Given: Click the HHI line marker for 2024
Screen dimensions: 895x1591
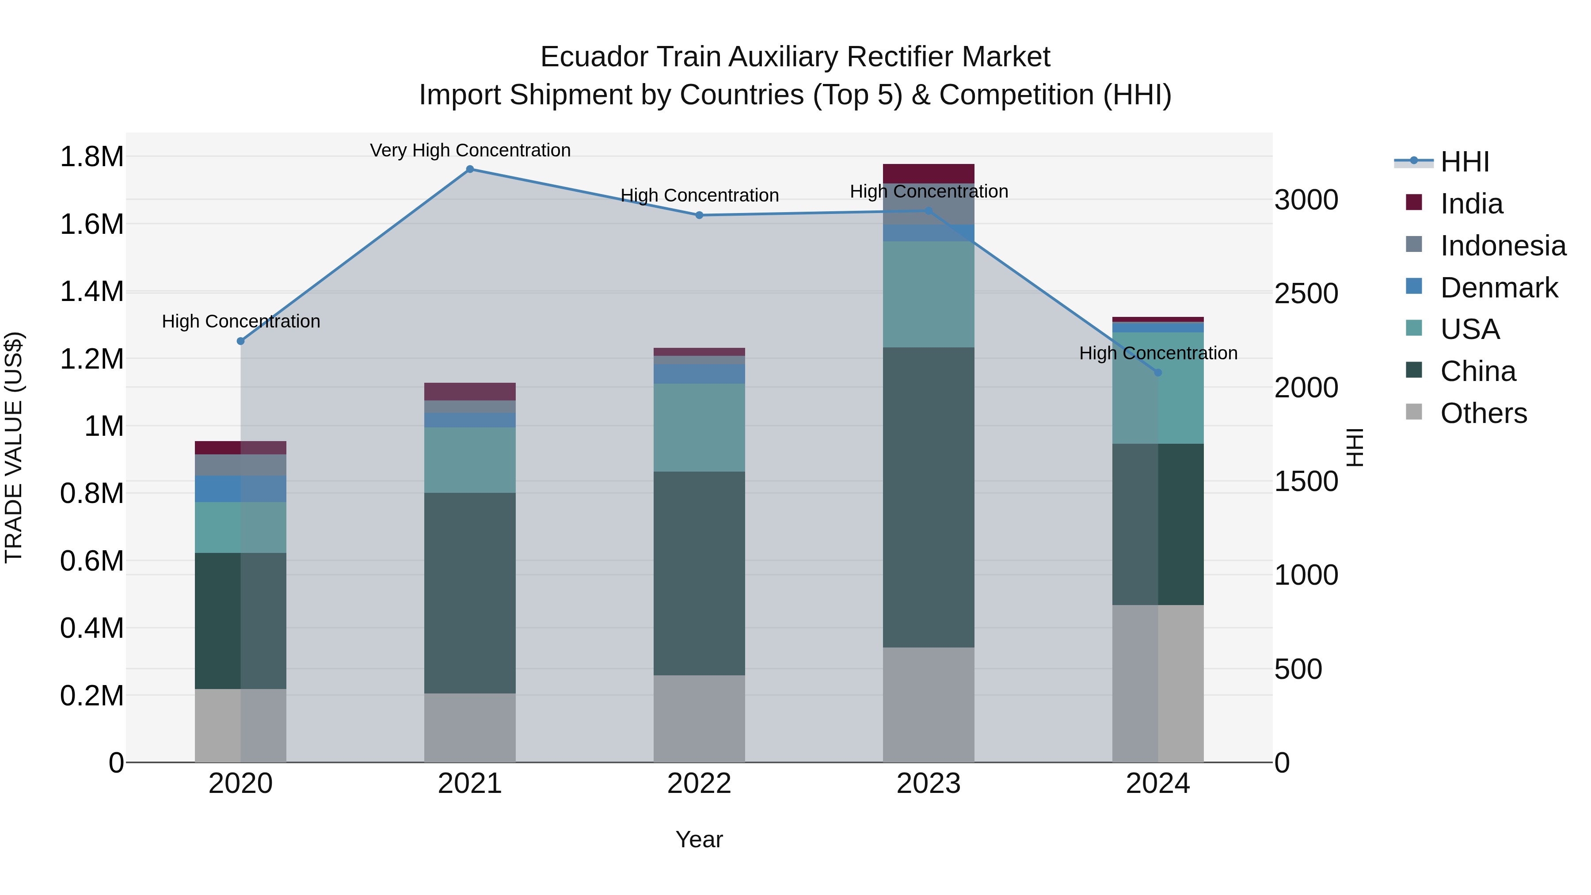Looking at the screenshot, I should tap(1158, 373).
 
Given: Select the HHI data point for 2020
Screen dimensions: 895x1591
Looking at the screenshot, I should tap(241, 341).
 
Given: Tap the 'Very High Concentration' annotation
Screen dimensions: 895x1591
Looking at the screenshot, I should tap(470, 150).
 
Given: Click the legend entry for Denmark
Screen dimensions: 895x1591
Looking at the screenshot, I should tap(1499, 288).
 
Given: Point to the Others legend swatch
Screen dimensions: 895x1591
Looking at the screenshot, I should tap(1414, 412).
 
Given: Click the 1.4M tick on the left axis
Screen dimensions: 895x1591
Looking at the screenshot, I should tap(91, 292).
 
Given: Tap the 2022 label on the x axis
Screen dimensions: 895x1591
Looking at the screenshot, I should tap(699, 784).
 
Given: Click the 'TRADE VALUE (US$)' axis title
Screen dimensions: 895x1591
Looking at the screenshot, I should tap(14, 447).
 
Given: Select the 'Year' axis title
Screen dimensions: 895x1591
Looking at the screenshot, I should tap(699, 839).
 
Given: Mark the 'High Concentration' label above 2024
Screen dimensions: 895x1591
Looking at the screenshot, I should tap(1158, 353).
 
